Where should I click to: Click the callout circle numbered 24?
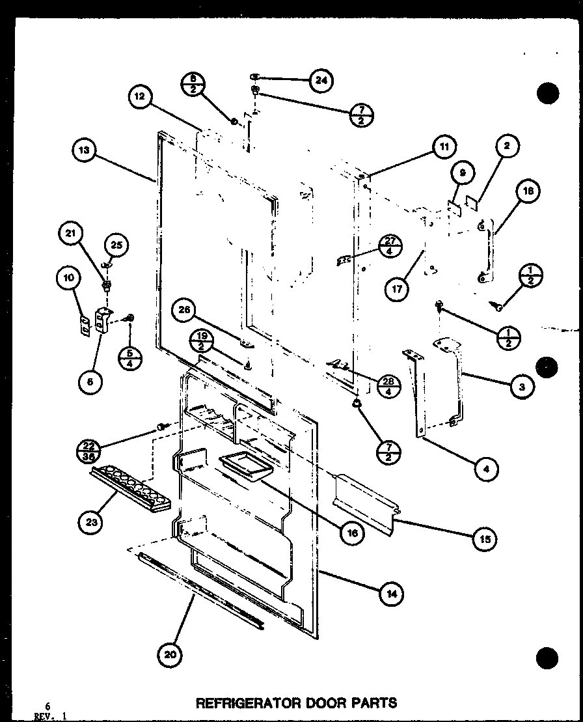(x=320, y=80)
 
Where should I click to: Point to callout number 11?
(x=443, y=147)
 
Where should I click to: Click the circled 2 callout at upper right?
(x=507, y=146)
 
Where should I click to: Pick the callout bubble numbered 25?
(x=116, y=245)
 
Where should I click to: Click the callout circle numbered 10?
(x=68, y=278)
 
